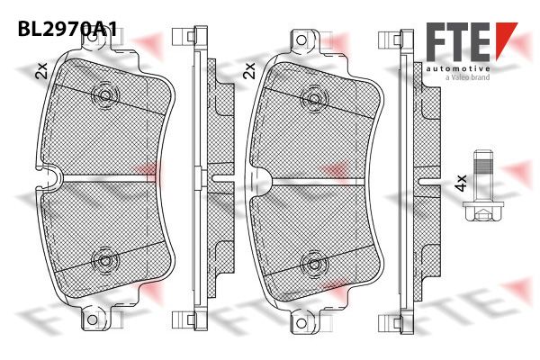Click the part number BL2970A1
[67, 29]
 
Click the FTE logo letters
[458, 41]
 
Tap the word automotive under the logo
[458, 69]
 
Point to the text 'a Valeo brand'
[467, 77]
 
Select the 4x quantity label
[461, 183]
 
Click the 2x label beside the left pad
[41, 71]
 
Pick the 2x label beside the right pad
[248, 70]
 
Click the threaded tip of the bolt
[483, 162]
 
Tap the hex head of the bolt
[483, 211]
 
